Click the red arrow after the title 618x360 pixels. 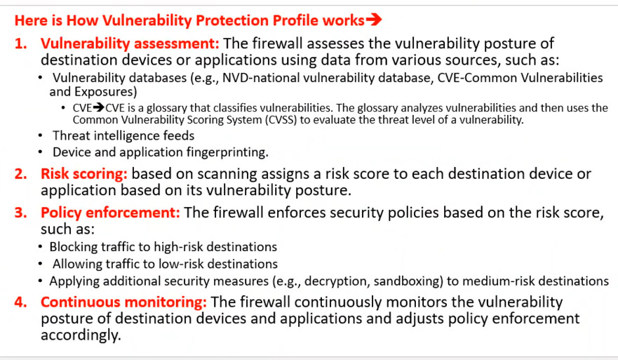(x=374, y=20)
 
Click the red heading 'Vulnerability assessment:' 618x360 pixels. (x=130, y=44)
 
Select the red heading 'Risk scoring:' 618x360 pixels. (x=84, y=173)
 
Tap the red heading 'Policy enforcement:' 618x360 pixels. (x=110, y=213)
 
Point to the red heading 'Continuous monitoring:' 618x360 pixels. (x=123, y=302)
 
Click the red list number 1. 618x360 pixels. (x=20, y=44)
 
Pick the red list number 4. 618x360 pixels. (x=20, y=302)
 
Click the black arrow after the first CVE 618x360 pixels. (x=98, y=107)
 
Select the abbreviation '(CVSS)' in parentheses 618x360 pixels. (x=281, y=119)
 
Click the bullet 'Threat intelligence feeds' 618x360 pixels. (x=123, y=135)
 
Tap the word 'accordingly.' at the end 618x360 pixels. (x=81, y=335)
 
